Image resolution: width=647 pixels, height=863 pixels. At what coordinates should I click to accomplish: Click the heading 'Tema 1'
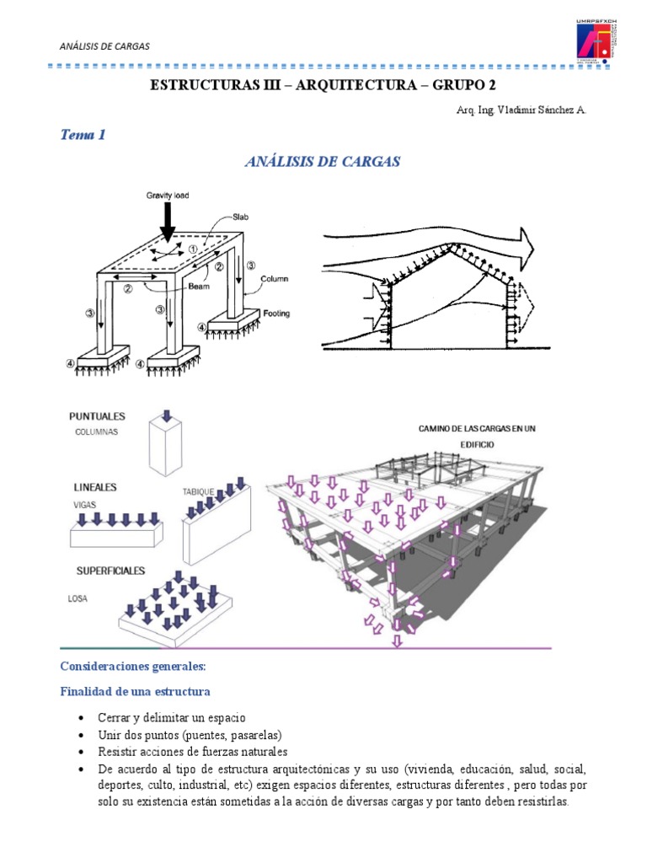[83, 134]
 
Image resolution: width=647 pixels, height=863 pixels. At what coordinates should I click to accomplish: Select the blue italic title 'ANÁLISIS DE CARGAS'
[323, 162]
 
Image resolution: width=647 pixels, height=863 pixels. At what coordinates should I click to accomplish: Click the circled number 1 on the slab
[194, 249]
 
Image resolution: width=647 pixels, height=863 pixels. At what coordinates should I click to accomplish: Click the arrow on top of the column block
[167, 415]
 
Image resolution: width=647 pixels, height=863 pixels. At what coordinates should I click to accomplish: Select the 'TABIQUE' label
[199, 490]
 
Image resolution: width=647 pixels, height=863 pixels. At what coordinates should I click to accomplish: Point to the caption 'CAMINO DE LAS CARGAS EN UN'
[477, 429]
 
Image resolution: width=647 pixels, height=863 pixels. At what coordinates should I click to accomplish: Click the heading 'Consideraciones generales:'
[132, 666]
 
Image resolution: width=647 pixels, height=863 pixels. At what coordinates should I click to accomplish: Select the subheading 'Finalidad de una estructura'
[135, 692]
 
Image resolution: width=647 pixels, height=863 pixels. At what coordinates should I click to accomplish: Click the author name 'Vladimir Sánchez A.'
[539, 110]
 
